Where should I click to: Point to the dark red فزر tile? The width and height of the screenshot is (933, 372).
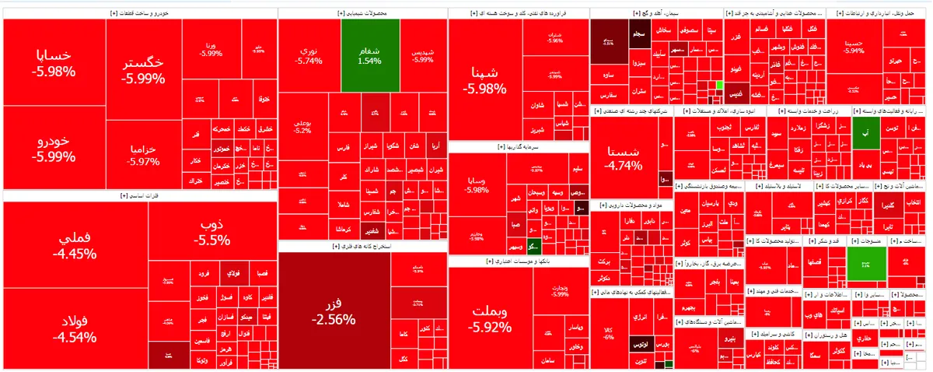tap(334, 311)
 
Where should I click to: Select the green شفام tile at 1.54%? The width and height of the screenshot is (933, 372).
tap(370, 54)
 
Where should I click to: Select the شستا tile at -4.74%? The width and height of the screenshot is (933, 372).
tap(623, 156)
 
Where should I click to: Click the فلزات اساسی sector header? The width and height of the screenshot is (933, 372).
tap(139, 196)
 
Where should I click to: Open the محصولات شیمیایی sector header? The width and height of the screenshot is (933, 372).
tap(362, 14)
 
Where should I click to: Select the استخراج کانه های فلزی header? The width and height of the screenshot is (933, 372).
tap(362, 247)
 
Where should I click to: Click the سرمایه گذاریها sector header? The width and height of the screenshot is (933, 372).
tap(518, 146)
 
